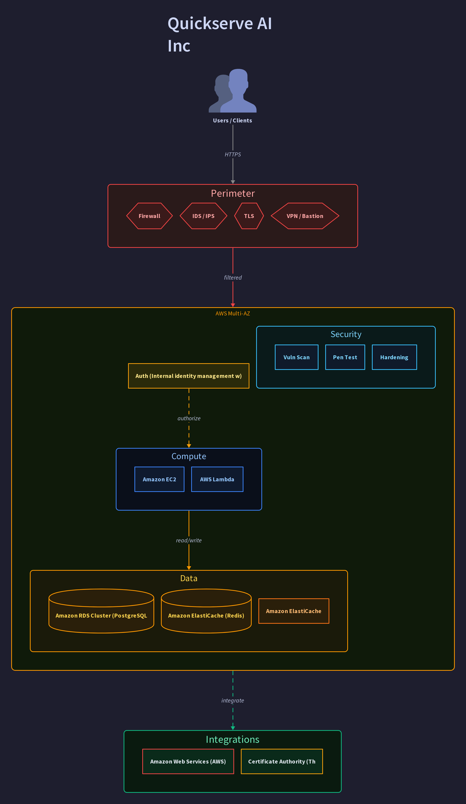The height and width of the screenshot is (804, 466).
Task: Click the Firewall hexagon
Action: point(149,216)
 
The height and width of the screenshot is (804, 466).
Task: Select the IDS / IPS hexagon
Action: point(203,216)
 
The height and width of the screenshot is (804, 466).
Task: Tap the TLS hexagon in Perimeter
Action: point(249,216)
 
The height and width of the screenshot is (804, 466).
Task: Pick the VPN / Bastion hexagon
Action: point(305,216)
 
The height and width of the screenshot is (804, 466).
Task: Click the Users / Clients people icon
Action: point(233,91)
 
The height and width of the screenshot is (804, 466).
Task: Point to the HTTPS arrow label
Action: point(233,154)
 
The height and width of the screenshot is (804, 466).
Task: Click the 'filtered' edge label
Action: point(233,278)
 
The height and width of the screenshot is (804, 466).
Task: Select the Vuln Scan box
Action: point(296,357)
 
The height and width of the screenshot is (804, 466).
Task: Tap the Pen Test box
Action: point(345,357)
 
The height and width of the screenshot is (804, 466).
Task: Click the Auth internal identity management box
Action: point(189,376)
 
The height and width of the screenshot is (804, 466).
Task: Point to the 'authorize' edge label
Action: point(189,418)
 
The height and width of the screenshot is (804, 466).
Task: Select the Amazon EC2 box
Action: point(159,479)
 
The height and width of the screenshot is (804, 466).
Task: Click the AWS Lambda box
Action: point(217,479)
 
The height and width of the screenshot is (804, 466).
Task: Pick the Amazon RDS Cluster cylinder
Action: point(101,611)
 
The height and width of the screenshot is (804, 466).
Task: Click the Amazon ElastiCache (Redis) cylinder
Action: point(206,611)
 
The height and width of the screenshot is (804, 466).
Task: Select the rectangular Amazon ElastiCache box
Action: point(294,611)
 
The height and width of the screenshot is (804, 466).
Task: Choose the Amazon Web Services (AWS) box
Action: point(188,761)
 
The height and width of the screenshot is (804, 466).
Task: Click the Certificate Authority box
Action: point(282,761)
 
